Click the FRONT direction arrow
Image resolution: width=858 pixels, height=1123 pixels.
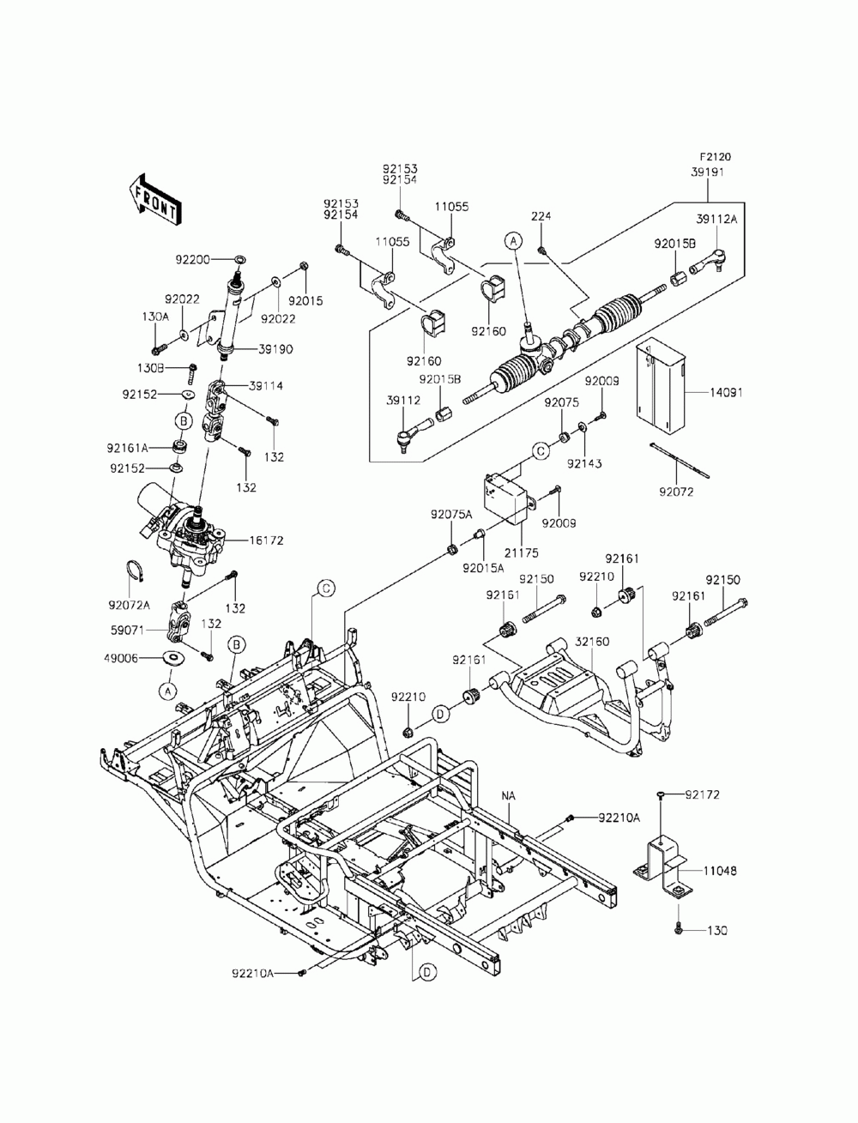point(154,200)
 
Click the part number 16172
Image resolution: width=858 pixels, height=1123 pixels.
point(266,540)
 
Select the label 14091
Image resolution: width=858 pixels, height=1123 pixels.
point(727,392)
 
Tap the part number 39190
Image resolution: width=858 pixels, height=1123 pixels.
point(275,349)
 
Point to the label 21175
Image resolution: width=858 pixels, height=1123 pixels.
point(522,552)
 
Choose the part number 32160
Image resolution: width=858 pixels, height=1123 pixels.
point(592,642)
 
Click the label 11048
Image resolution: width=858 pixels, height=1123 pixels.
point(720,870)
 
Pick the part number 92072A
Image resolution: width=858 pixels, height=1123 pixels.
point(129,605)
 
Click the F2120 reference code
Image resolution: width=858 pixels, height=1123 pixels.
point(716,157)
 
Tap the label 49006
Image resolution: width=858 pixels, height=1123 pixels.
point(121,658)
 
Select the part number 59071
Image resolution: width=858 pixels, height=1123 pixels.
point(128,631)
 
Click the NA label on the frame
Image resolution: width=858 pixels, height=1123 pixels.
point(509,796)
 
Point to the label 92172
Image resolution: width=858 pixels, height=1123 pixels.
point(703,794)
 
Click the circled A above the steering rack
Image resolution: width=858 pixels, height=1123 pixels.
point(514,240)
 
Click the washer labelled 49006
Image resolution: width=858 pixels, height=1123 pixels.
point(173,657)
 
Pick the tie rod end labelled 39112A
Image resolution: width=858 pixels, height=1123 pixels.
point(708,262)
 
